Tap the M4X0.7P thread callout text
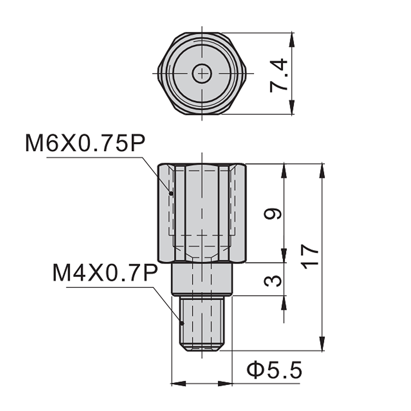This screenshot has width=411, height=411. coord(105,273)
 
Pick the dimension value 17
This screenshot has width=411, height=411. coord(310,257)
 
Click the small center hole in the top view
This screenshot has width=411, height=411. coord(202,74)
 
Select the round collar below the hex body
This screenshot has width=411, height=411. coord(202,279)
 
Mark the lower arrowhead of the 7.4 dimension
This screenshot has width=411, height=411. coord(292,109)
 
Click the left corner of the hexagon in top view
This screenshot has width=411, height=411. coord(159,74)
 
